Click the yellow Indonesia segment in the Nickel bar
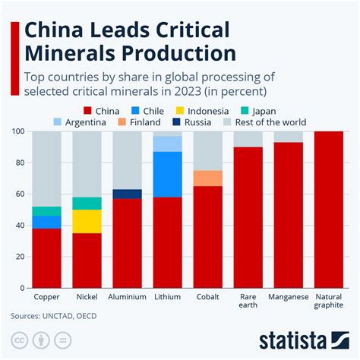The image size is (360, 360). (87, 222)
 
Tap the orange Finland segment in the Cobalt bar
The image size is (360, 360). (209, 178)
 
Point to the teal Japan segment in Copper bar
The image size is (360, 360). (47, 211)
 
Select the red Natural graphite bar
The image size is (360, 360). (329, 210)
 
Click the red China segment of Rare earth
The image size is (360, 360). (248, 217)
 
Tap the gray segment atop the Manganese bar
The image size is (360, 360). (289, 137)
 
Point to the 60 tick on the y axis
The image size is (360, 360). (18, 194)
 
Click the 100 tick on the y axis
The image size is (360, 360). (17, 131)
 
